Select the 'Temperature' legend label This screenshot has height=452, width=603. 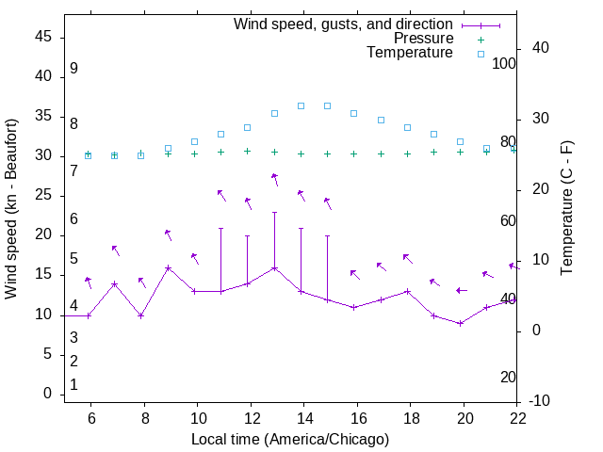coord(410,53)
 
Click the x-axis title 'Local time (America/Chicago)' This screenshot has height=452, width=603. coord(290,439)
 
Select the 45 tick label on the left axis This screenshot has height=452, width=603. coord(43,37)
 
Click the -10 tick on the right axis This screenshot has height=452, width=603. coord(541,401)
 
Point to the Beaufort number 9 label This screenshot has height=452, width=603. coord(73,69)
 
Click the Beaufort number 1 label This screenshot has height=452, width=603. coord(73,384)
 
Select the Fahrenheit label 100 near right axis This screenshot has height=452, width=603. coord(504,64)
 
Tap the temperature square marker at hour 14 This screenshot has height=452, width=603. coord(301,105)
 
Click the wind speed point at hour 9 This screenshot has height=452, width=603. coord(169,267)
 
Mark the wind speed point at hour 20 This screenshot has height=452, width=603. coord(461,323)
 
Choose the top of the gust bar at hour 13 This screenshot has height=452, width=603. coord(275,213)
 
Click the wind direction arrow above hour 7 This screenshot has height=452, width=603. coord(115,250)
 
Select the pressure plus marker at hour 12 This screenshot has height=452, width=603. coord(248,151)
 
